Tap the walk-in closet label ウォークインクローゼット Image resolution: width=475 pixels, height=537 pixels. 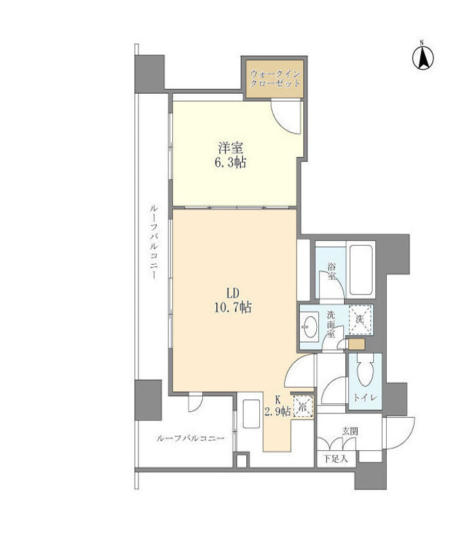point(275,79)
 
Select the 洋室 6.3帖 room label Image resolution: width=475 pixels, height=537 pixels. point(231,155)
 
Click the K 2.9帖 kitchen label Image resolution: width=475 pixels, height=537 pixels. point(278,405)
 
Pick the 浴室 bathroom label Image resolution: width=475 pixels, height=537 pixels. point(331,271)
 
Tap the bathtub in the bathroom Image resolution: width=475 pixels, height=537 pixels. point(361,272)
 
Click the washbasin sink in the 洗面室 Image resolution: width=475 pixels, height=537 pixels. point(310,327)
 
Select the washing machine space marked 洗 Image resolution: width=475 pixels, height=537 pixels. point(360,320)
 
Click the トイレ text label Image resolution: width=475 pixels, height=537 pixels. point(366,398)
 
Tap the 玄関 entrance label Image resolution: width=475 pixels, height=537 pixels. point(349,432)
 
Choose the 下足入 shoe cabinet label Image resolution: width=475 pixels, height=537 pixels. point(336,459)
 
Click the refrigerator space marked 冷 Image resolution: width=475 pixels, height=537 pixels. point(303,407)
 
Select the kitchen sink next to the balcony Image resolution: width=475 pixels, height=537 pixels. point(251,414)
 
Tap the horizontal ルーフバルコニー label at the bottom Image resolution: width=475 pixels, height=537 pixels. point(190,439)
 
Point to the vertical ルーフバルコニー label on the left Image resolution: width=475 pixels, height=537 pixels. point(153,242)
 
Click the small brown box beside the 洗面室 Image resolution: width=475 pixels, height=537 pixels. point(357,344)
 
